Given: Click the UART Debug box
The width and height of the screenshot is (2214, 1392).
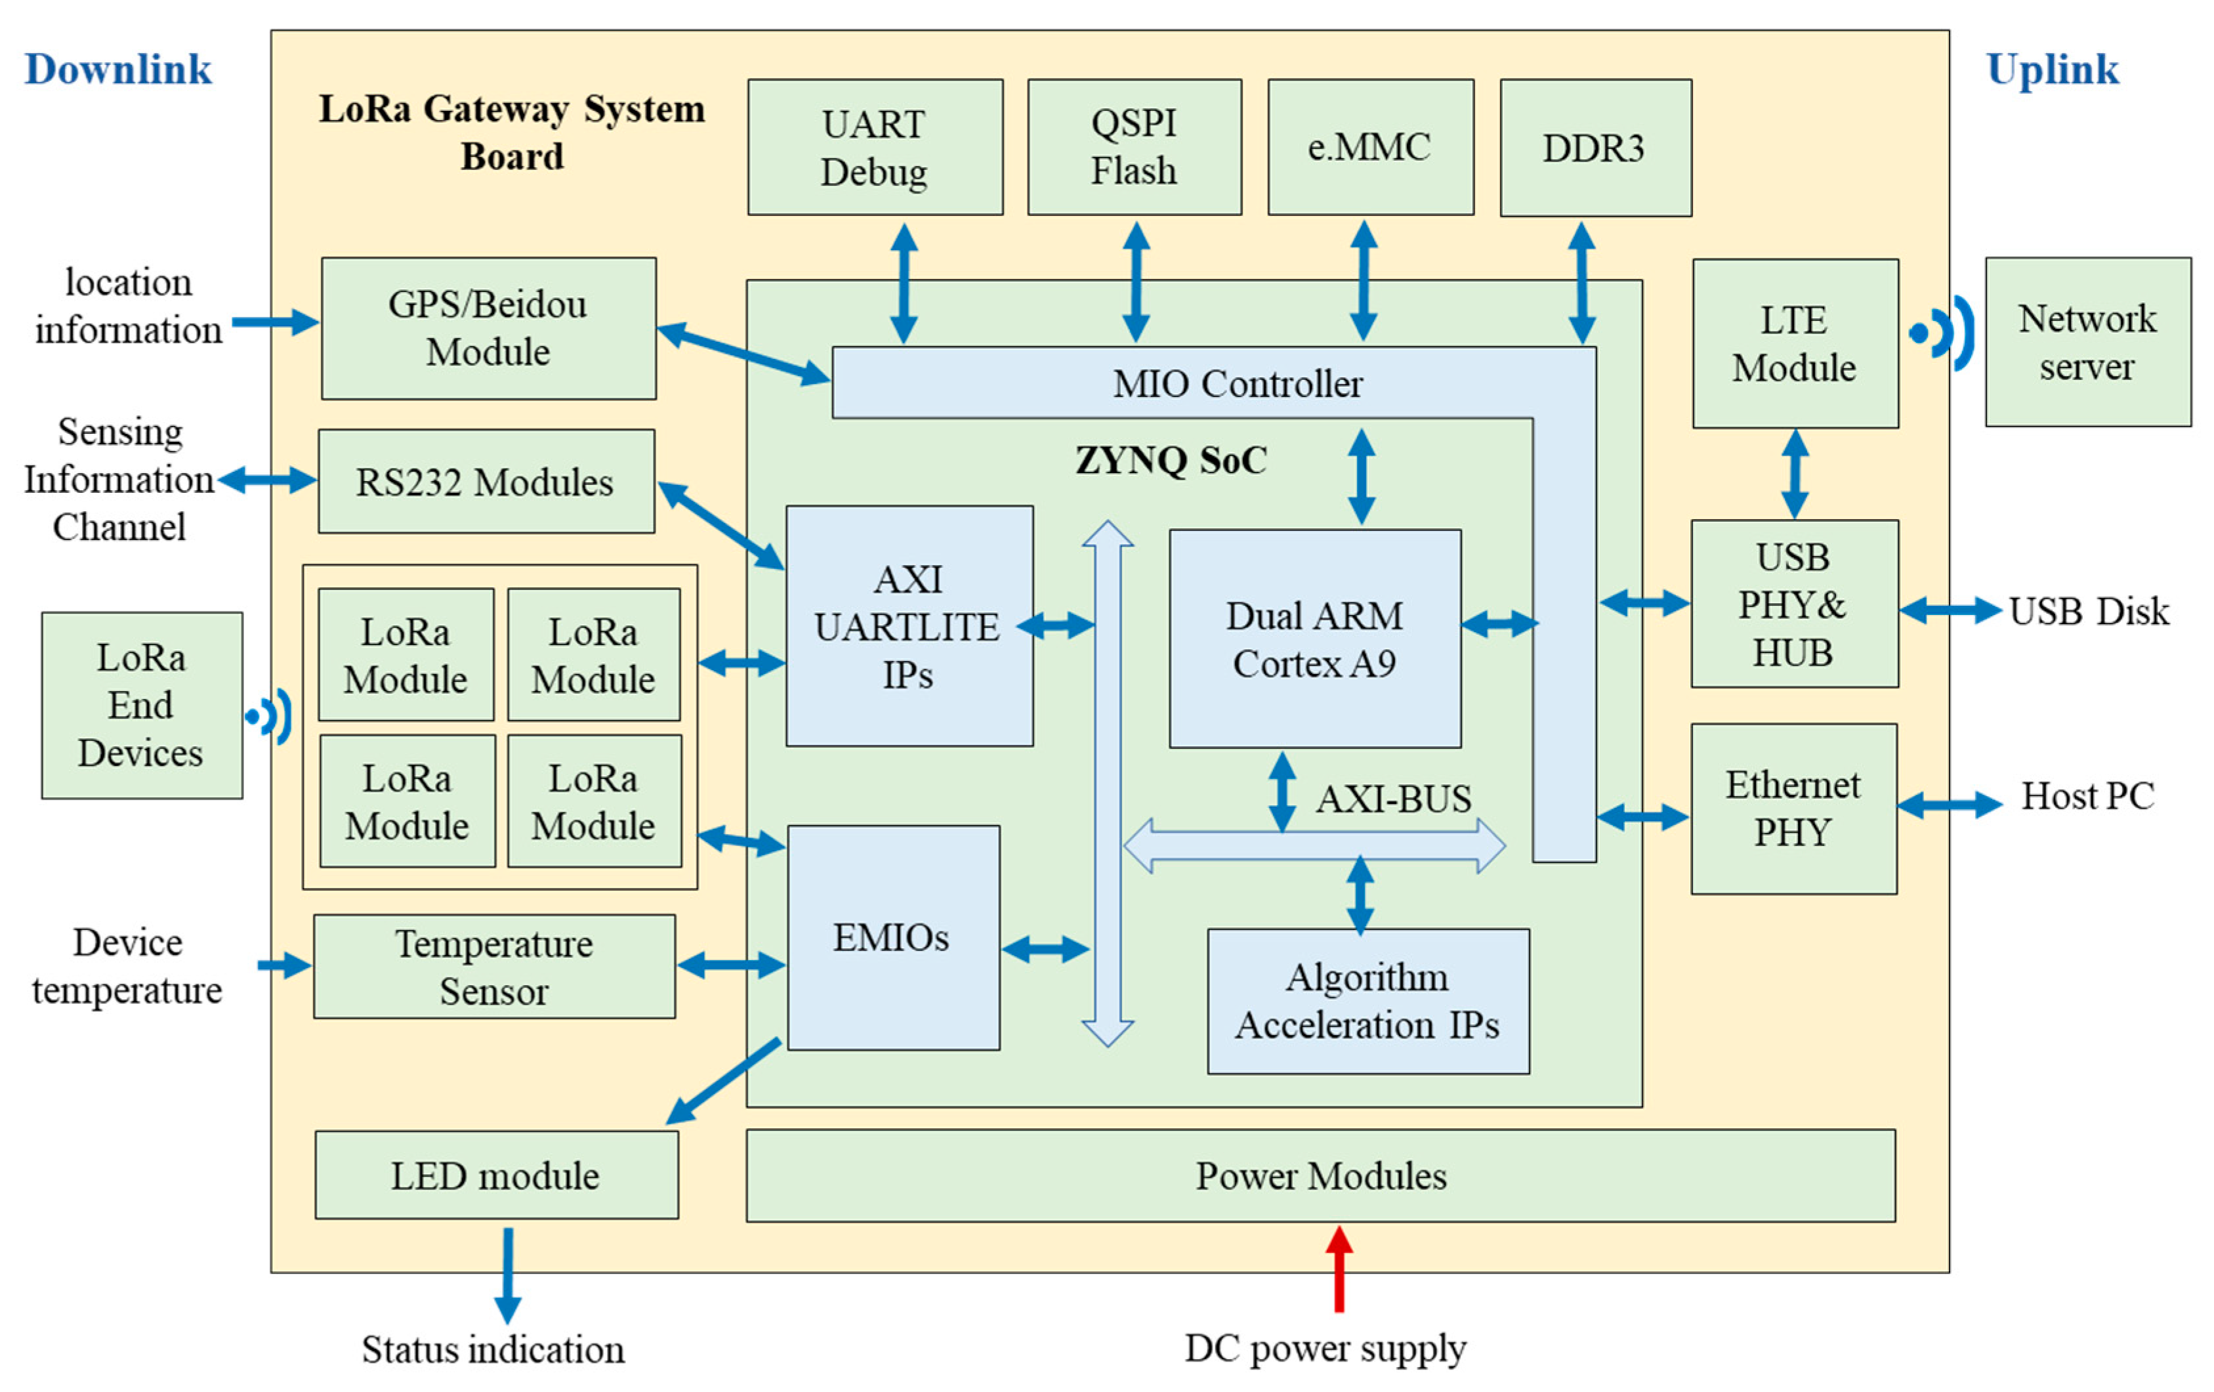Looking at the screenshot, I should click(875, 147).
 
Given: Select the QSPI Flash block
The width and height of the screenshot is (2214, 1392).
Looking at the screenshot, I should click(1134, 147).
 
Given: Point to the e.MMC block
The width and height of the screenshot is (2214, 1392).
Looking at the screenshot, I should click(1370, 147).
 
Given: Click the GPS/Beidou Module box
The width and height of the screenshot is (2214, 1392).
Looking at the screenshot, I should click(488, 328).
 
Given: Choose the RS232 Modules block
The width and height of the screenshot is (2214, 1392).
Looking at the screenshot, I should click(486, 482).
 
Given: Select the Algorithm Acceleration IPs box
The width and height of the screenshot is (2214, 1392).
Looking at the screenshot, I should click(1368, 1002).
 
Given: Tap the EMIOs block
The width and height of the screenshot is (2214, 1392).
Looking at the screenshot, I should click(893, 938).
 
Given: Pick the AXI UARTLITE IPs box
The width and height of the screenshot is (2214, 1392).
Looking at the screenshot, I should click(908, 626).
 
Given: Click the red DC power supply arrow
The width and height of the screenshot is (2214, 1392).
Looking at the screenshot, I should click(1339, 1269).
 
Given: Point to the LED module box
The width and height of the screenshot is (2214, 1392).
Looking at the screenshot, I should click(497, 1175).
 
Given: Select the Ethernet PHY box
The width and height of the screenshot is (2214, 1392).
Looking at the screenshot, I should click(1793, 808).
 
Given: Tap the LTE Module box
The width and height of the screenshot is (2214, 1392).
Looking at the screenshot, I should click(1795, 343).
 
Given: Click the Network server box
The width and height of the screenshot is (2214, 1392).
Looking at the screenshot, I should click(2087, 342).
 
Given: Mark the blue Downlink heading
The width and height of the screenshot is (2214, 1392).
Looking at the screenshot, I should click(117, 70).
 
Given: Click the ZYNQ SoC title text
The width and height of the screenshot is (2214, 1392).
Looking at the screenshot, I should click(1171, 459).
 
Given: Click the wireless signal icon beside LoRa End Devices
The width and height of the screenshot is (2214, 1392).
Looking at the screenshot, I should click(270, 716).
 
